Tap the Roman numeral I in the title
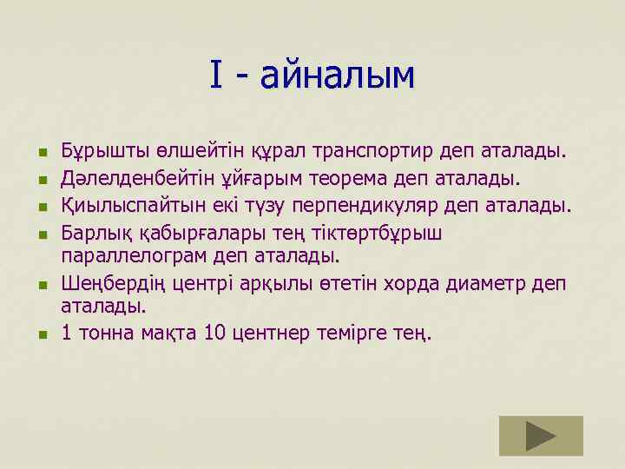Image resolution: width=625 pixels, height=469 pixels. coord(217,76)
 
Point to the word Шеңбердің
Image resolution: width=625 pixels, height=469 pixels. coord(107,283)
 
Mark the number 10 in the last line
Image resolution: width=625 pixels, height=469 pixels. coord(214,334)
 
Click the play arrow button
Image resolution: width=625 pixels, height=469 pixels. coord(541,435)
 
